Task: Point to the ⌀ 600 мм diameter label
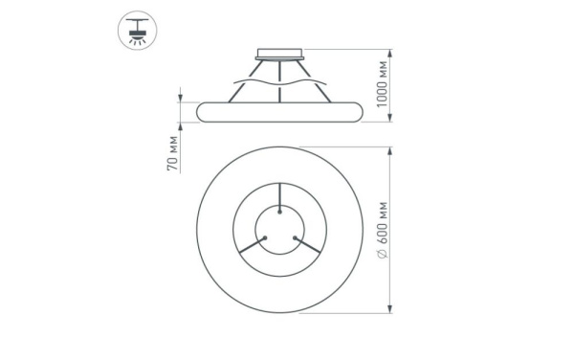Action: click(x=382, y=230)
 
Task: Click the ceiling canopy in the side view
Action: click(x=279, y=55)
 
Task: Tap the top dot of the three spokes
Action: click(x=279, y=208)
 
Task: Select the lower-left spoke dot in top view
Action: click(x=266, y=237)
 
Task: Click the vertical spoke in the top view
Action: click(x=279, y=196)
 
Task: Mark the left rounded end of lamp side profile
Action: click(x=200, y=110)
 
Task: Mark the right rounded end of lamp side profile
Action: click(x=360, y=110)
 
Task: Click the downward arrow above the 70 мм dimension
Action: click(x=180, y=95)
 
